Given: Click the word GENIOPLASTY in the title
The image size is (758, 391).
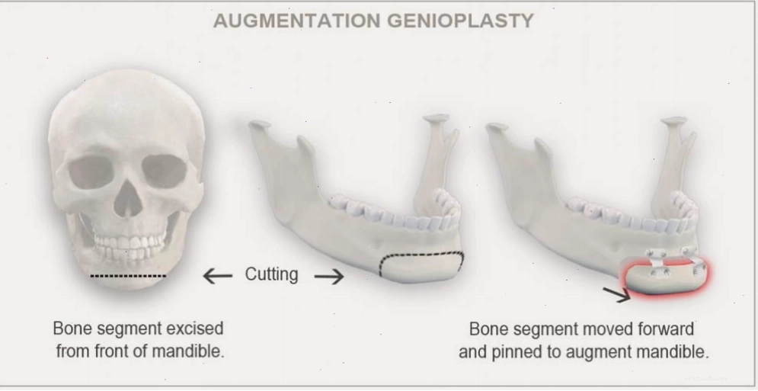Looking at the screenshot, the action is click(x=461, y=21).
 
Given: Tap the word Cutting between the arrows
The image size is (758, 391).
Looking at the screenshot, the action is click(x=272, y=274).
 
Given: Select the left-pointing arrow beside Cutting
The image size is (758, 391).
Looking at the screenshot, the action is click(x=218, y=277).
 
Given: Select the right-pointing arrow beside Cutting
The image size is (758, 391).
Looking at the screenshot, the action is click(x=329, y=277).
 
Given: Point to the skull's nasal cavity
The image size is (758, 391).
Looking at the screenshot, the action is click(x=128, y=200).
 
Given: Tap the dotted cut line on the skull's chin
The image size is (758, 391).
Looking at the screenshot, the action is click(x=128, y=276).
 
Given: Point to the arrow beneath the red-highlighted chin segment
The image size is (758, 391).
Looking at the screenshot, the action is click(x=617, y=293).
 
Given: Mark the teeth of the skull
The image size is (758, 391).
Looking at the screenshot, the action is click(x=129, y=245).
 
